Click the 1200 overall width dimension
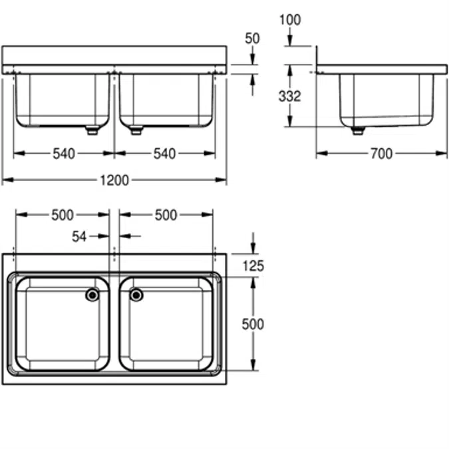pos(114,180)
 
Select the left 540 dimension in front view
pos(64,154)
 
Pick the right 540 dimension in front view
pos(164,154)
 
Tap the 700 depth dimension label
pos(381,154)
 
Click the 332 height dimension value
pos(289,96)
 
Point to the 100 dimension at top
pos(290,20)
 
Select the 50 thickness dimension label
pos(252,39)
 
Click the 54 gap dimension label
pos(79,237)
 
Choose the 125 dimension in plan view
pos(253,266)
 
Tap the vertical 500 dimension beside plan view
pos(253,325)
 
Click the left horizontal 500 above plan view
pos(63,215)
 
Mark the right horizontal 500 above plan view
pos(166,215)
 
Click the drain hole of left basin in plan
pos(92,295)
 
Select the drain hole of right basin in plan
pos(136,295)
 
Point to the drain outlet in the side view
pos(358,130)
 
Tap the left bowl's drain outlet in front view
pos(92,130)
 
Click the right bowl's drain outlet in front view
pos(136,130)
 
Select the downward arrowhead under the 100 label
pos(290,41)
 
